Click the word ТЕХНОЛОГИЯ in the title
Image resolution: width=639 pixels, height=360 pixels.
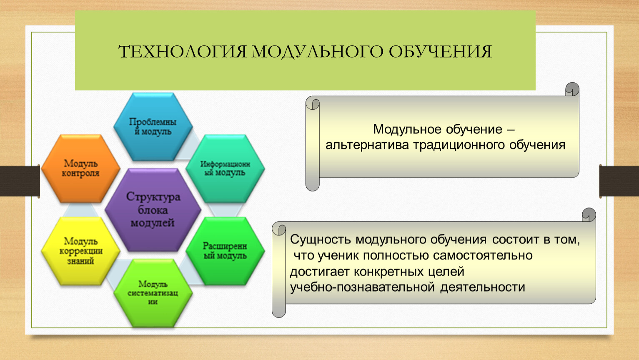coord(182,52)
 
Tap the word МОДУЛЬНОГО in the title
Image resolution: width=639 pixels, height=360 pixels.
coord(317,52)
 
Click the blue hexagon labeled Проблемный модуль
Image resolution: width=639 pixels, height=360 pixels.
coord(153,127)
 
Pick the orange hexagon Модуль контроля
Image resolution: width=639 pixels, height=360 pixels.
coord(80,169)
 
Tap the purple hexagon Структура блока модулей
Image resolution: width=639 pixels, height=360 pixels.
coord(153,210)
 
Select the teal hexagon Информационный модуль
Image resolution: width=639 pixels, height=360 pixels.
coord(225,169)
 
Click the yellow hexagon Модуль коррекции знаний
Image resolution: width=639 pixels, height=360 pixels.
coord(80,251)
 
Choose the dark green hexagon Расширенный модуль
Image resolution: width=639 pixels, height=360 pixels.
coord(225,251)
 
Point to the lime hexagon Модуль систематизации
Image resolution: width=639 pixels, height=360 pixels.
coord(153,293)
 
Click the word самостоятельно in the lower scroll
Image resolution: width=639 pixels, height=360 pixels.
coord(483,255)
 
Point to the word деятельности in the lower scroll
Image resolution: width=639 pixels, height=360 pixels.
coord(482,287)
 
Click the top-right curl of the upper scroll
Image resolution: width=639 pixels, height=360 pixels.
coord(572,89)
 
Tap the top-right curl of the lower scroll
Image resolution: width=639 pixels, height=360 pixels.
coord(589,215)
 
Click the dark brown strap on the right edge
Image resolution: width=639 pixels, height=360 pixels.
coord(619,181)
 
